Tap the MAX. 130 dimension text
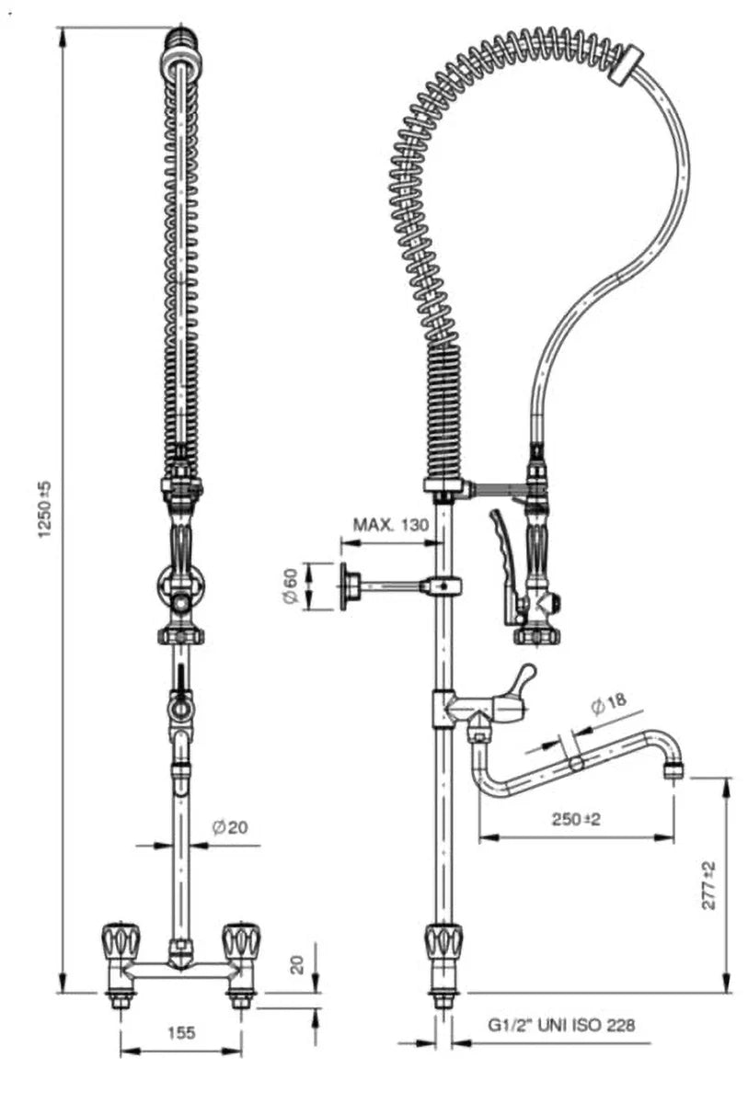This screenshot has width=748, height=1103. pos(391,525)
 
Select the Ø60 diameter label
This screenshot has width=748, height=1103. pos(289,586)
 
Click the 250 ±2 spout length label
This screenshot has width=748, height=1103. pos(575,819)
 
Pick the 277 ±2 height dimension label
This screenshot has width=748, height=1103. pos(708,885)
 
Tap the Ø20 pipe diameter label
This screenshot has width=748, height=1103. pos(229,827)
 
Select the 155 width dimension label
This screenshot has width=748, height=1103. pos(181,1032)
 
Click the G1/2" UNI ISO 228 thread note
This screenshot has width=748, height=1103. pos(561,1025)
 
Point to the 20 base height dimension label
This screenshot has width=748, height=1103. pos(296,963)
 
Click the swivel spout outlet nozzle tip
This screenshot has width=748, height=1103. pos(674,771)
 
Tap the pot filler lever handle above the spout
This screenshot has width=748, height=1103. pos(524,679)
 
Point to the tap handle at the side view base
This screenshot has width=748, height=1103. pos(443,941)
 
